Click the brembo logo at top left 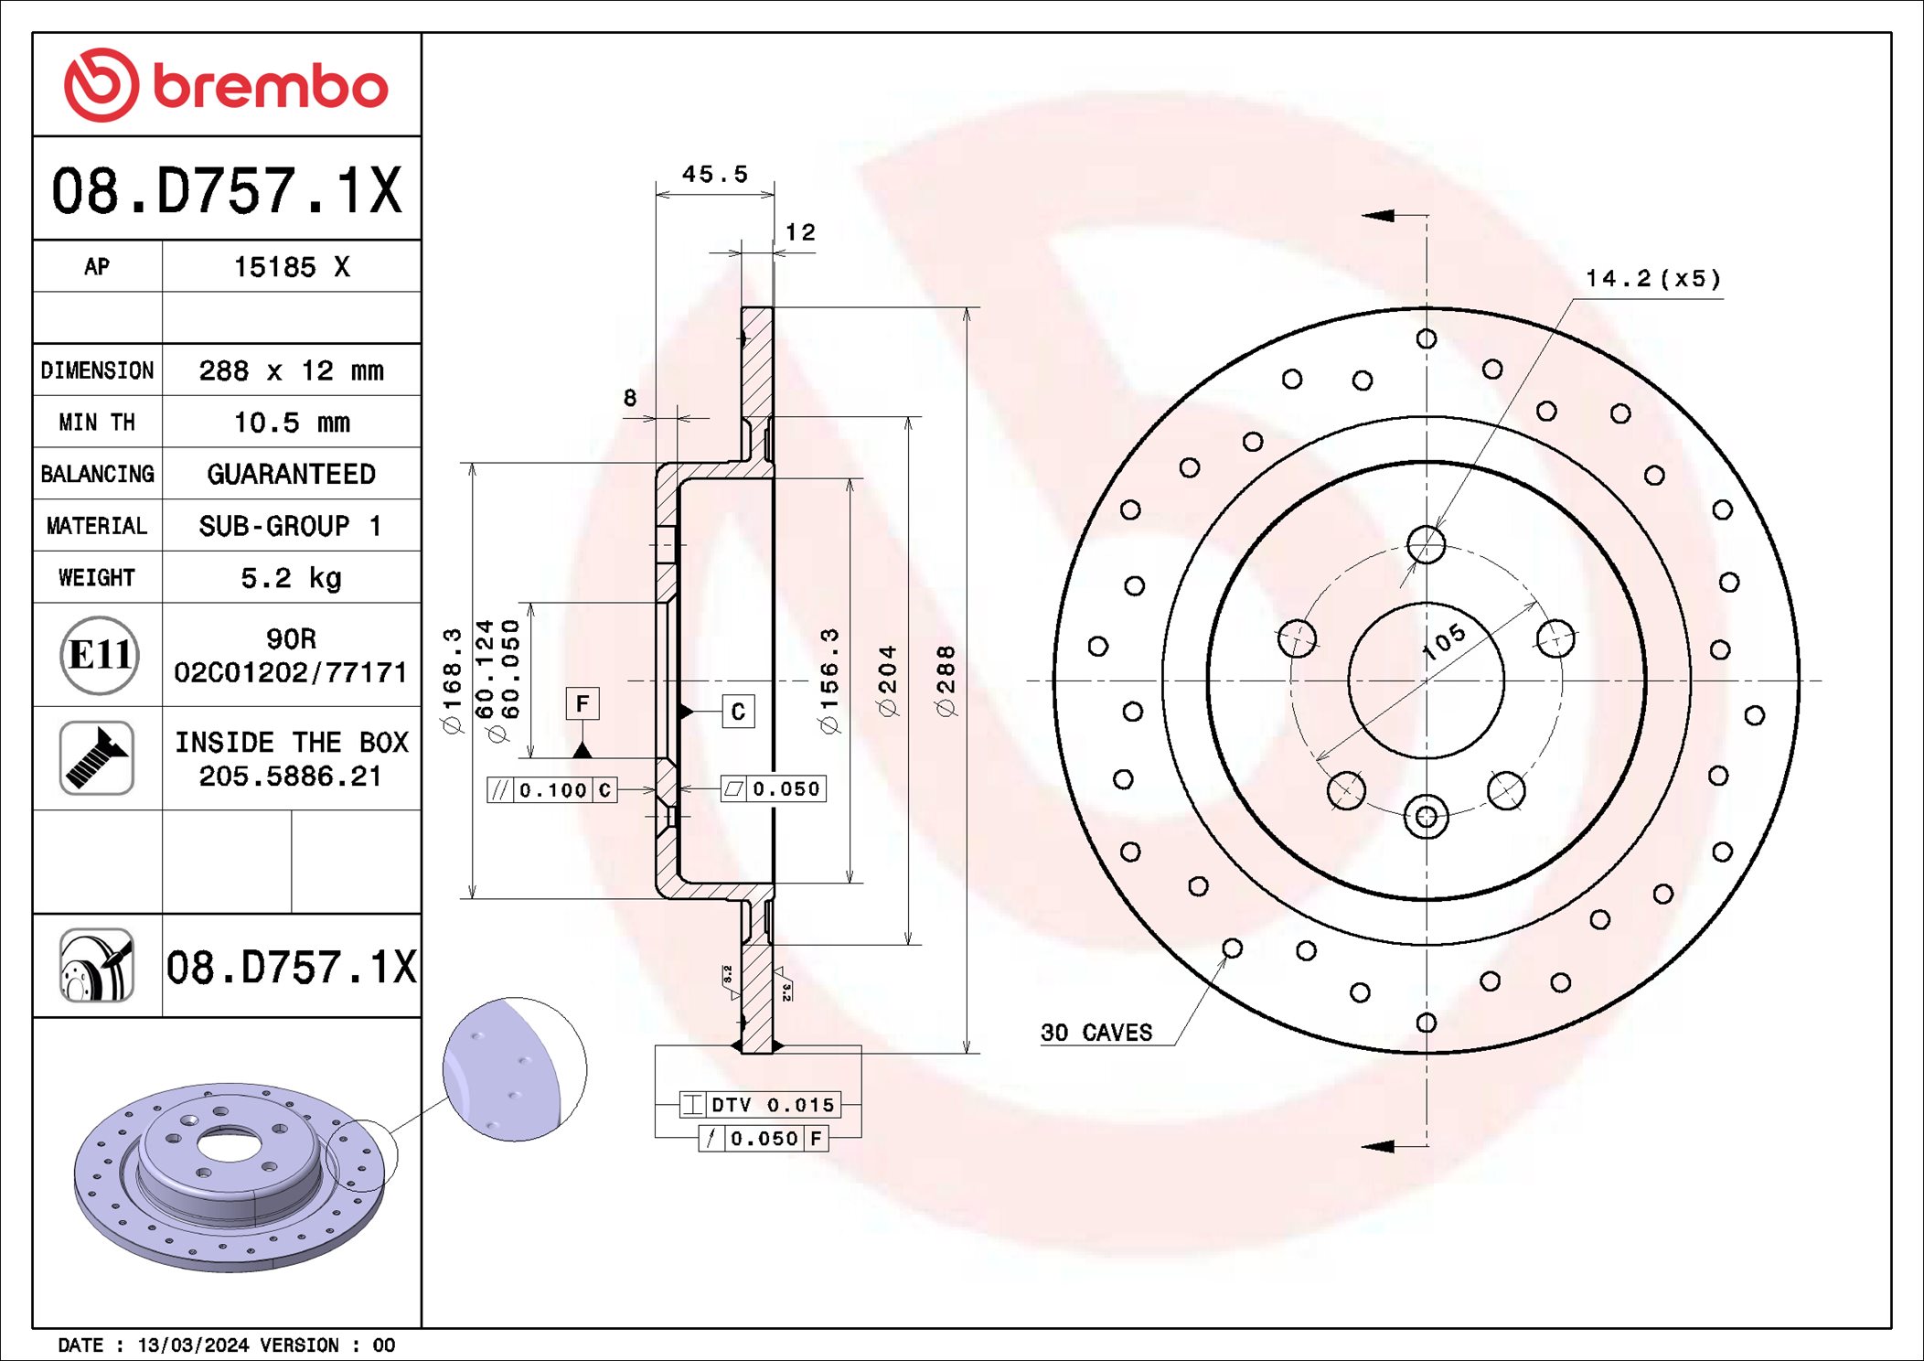point(226,85)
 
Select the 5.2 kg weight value point(291,577)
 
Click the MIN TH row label point(97,422)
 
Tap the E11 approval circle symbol point(99,655)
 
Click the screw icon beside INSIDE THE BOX point(97,757)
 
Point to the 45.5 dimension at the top point(714,174)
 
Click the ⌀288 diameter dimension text point(946,680)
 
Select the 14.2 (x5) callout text point(1652,278)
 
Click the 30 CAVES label point(1096,1032)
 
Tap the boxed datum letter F point(583,703)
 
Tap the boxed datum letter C point(738,712)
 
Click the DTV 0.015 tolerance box point(759,1104)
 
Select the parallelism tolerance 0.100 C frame point(552,789)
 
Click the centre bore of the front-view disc point(1426,680)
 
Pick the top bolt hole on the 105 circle point(1426,545)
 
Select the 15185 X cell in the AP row point(291,266)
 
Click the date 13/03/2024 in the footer point(193,1345)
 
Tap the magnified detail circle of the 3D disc point(515,1068)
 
